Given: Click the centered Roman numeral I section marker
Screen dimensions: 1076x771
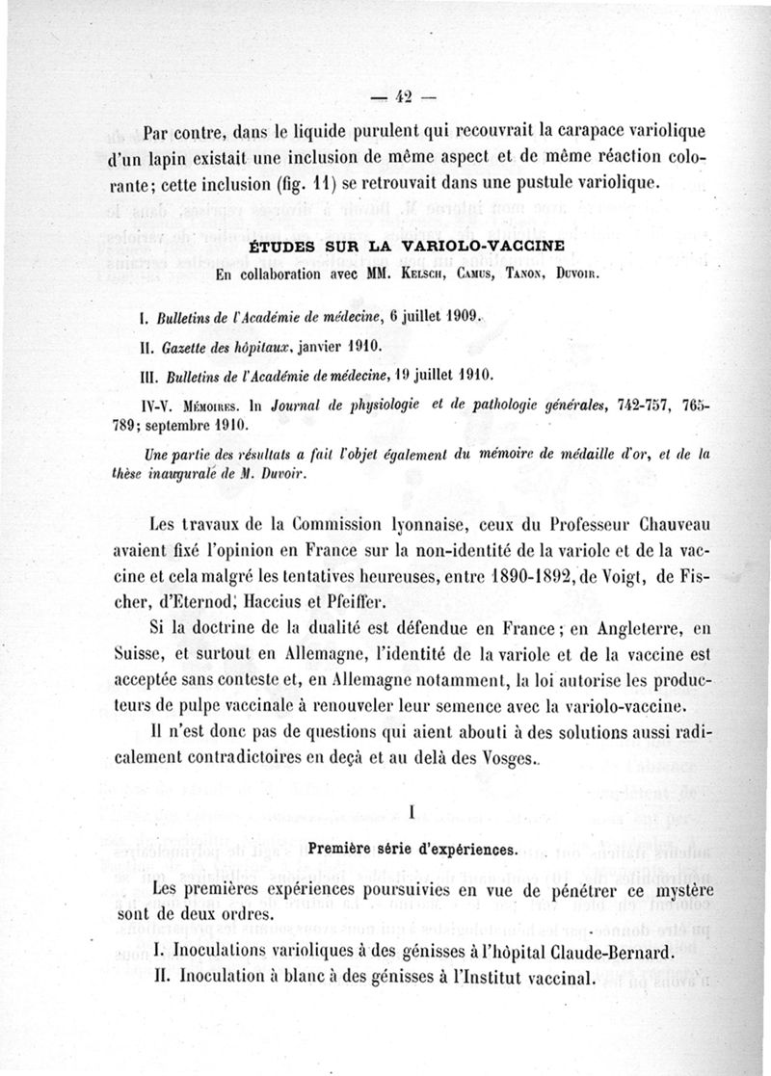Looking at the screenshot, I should [x=412, y=814].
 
